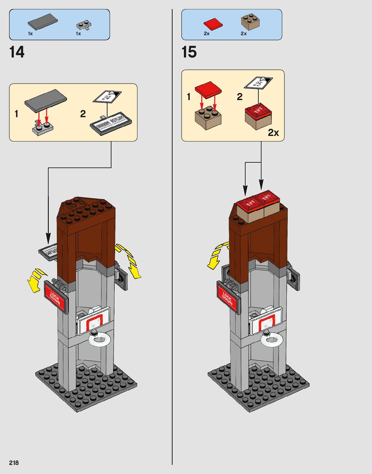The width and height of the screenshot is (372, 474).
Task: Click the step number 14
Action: tap(17, 52)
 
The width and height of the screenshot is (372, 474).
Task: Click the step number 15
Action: tap(189, 52)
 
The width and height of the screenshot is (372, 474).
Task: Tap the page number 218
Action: tap(14, 463)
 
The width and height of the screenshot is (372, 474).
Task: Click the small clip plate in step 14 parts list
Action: tap(84, 25)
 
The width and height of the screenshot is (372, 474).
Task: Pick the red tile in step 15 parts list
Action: tap(213, 24)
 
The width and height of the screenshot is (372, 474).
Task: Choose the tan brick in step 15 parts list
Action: tap(250, 22)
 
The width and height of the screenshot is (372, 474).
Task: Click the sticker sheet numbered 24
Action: tap(107, 96)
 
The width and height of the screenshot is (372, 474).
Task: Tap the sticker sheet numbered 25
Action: tap(258, 83)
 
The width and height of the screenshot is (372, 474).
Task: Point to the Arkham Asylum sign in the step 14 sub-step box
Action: tap(111, 123)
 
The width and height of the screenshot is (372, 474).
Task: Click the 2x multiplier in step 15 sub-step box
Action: tap(273, 133)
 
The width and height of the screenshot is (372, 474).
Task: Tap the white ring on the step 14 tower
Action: tap(100, 340)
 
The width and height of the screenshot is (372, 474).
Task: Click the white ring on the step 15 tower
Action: tap(272, 340)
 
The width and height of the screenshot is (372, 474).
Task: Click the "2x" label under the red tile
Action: tap(207, 34)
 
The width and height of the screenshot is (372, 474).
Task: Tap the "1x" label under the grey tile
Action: tap(30, 34)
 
